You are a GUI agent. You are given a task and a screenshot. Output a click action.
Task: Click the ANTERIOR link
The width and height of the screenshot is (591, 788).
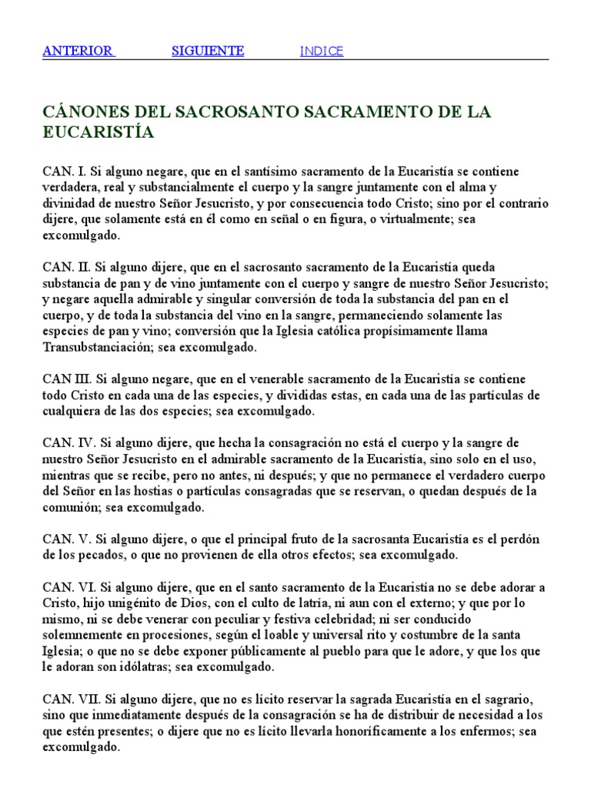pos(78,52)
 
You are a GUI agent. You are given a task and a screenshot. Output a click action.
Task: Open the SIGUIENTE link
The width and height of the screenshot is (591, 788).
pos(207,52)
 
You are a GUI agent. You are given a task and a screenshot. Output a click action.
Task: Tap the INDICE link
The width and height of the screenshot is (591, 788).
pos(322,52)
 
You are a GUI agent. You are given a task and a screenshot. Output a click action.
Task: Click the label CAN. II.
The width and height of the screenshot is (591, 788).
pos(66,267)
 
